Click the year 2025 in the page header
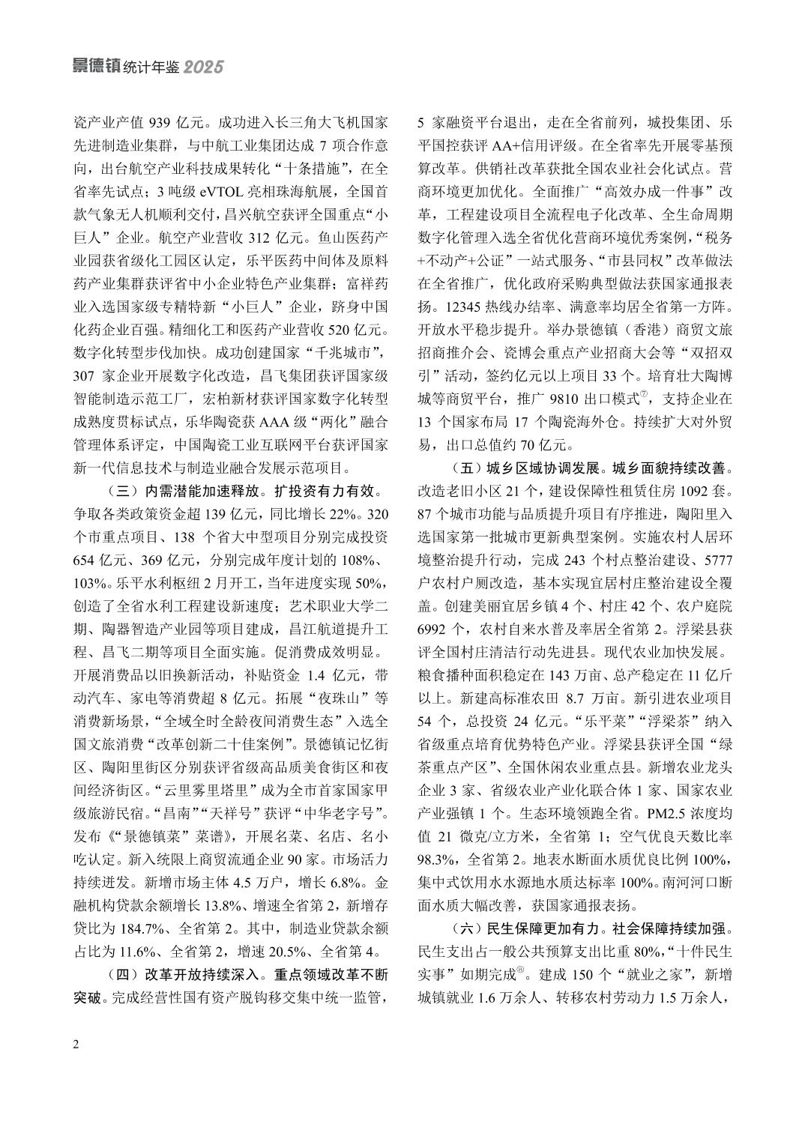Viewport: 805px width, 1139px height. pyautogui.click(x=204, y=67)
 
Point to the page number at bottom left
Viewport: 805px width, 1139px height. pyautogui.click(x=76, y=1045)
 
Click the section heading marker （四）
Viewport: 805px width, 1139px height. pyautogui.click(x=116, y=976)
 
